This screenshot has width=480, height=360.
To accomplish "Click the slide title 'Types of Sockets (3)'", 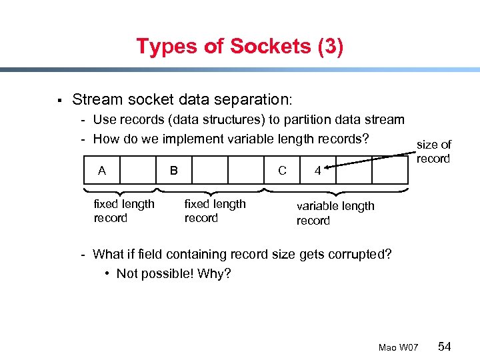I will tap(239, 47).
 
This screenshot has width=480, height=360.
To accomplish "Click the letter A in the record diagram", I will tap(102, 171).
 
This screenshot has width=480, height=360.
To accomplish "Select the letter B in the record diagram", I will tap(173, 171).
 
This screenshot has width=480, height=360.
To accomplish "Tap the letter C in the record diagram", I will tap(282, 171).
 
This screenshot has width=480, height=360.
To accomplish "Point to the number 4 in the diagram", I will tap(318, 171).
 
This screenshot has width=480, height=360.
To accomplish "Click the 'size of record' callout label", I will tap(433, 151).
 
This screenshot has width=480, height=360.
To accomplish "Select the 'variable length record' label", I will tap(335, 213).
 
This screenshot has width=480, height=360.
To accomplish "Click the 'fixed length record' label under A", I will tap(123, 211).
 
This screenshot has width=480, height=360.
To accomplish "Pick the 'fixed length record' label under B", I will tap(214, 211).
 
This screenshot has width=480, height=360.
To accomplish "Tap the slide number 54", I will tap(445, 347).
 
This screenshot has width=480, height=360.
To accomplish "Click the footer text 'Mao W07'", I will tap(398, 347).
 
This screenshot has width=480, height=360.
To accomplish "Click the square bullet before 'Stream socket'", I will tap(59, 101).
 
